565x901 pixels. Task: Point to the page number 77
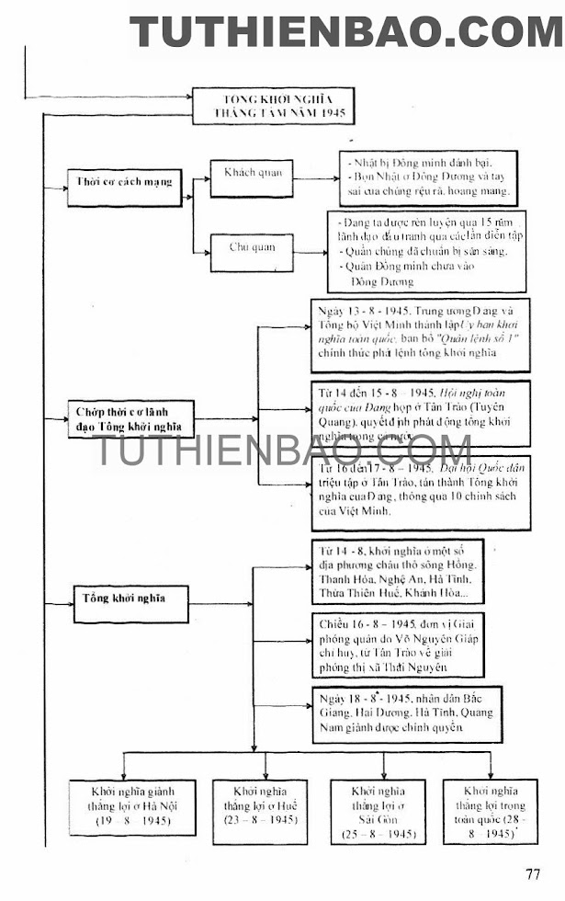pyautogui.click(x=533, y=874)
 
